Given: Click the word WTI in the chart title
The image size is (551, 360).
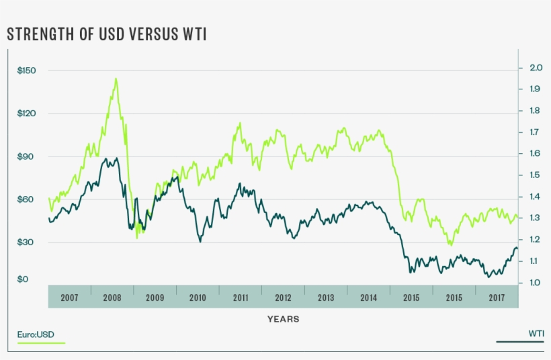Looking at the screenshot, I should pyautogui.click(x=194, y=34).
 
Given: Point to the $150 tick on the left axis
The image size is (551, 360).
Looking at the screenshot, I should pyautogui.click(x=27, y=71).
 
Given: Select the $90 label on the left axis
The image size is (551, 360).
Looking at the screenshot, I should pyautogui.click(x=27, y=156).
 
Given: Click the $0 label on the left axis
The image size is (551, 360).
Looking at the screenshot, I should pyautogui.click(x=24, y=279).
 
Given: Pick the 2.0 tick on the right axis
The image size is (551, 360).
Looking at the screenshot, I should pyautogui.click(x=536, y=68).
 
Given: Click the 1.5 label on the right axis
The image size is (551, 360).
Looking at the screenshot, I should pyautogui.click(x=536, y=175).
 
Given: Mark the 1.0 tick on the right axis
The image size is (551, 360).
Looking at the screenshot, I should pyautogui.click(x=536, y=283).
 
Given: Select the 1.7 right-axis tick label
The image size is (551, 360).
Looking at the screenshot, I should pyautogui.click(x=536, y=132).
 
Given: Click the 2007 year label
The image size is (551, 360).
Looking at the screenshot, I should pyautogui.click(x=69, y=298).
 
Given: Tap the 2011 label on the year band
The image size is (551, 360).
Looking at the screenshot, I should pyautogui.click(x=241, y=298).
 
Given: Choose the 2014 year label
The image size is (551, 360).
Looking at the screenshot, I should pyautogui.click(x=368, y=298).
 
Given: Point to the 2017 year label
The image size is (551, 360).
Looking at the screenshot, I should pyautogui.click(x=497, y=298).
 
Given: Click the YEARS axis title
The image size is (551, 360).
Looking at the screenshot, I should pyautogui.click(x=283, y=319).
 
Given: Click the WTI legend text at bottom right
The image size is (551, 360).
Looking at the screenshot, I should pyautogui.click(x=536, y=334).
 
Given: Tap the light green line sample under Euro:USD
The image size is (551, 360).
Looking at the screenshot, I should pyautogui.click(x=41, y=343).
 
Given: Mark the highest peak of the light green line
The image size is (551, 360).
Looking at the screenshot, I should pyautogui.click(x=116, y=79).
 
